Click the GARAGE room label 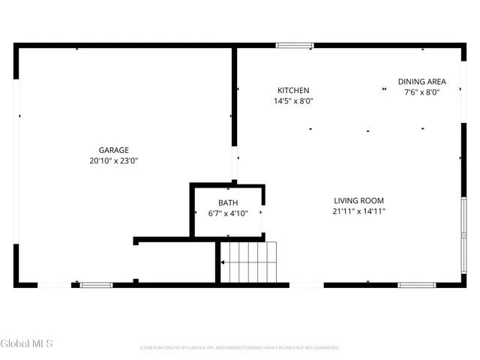pyautogui.click(x=114, y=150)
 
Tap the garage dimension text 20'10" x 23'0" pyautogui.click(x=114, y=160)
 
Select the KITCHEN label pyautogui.click(x=293, y=91)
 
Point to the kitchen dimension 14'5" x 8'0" pyautogui.click(x=293, y=100)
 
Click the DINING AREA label pyautogui.click(x=422, y=82)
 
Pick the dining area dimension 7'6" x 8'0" pyautogui.click(x=422, y=92)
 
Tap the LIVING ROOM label pyautogui.click(x=358, y=201)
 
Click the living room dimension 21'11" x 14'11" pyautogui.click(x=358, y=211)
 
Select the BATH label pyautogui.click(x=228, y=203)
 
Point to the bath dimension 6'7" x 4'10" pyautogui.click(x=228, y=214)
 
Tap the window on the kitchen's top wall pyautogui.click(x=295, y=46)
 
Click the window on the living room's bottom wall pyautogui.click(x=417, y=285)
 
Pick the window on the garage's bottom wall pyautogui.click(x=96, y=285)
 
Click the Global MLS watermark pyautogui.click(x=27, y=343)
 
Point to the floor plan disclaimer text pyautogui.click(x=239, y=348)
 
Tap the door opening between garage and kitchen pyautogui.click(x=234, y=163)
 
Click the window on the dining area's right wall pyautogui.click(x=463, y=79)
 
